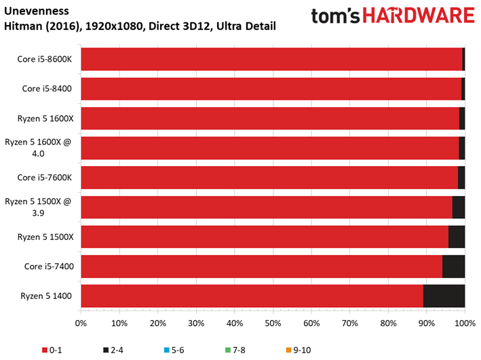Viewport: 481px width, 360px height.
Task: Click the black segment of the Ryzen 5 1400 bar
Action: tap(444, 296)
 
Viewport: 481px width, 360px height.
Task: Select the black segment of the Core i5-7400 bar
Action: tap(454, 266)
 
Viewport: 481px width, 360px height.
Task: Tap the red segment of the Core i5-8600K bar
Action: tap(272, 59)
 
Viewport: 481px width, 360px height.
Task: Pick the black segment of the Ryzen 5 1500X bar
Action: tap(457, 237)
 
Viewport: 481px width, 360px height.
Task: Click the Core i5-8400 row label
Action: tap(47, 89)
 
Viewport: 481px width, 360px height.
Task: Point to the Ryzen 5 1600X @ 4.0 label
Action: tap(38, 148)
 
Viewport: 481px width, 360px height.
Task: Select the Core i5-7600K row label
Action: tap(45, 178)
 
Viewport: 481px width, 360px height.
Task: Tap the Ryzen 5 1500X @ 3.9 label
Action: tap(38, 207)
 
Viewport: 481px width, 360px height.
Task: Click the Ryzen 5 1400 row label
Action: tap(46, 296)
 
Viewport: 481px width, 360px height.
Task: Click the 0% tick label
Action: tap(81, 323)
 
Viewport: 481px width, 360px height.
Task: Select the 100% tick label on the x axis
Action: tap(465, 323)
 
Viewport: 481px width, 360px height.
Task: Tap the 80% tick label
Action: tap(388, 323)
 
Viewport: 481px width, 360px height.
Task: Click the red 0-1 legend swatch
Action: tap(45, 350)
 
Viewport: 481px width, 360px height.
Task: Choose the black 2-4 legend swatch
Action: tap(106, 350)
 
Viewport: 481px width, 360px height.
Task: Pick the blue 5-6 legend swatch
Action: tap(167, 350)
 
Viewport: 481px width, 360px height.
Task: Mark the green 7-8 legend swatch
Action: tap(228, 350)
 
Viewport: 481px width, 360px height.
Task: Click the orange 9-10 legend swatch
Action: tap(288, 350)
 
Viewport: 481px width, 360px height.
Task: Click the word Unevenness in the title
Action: tap(37, 11)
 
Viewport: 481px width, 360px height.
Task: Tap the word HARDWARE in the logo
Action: tap(419, 16)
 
